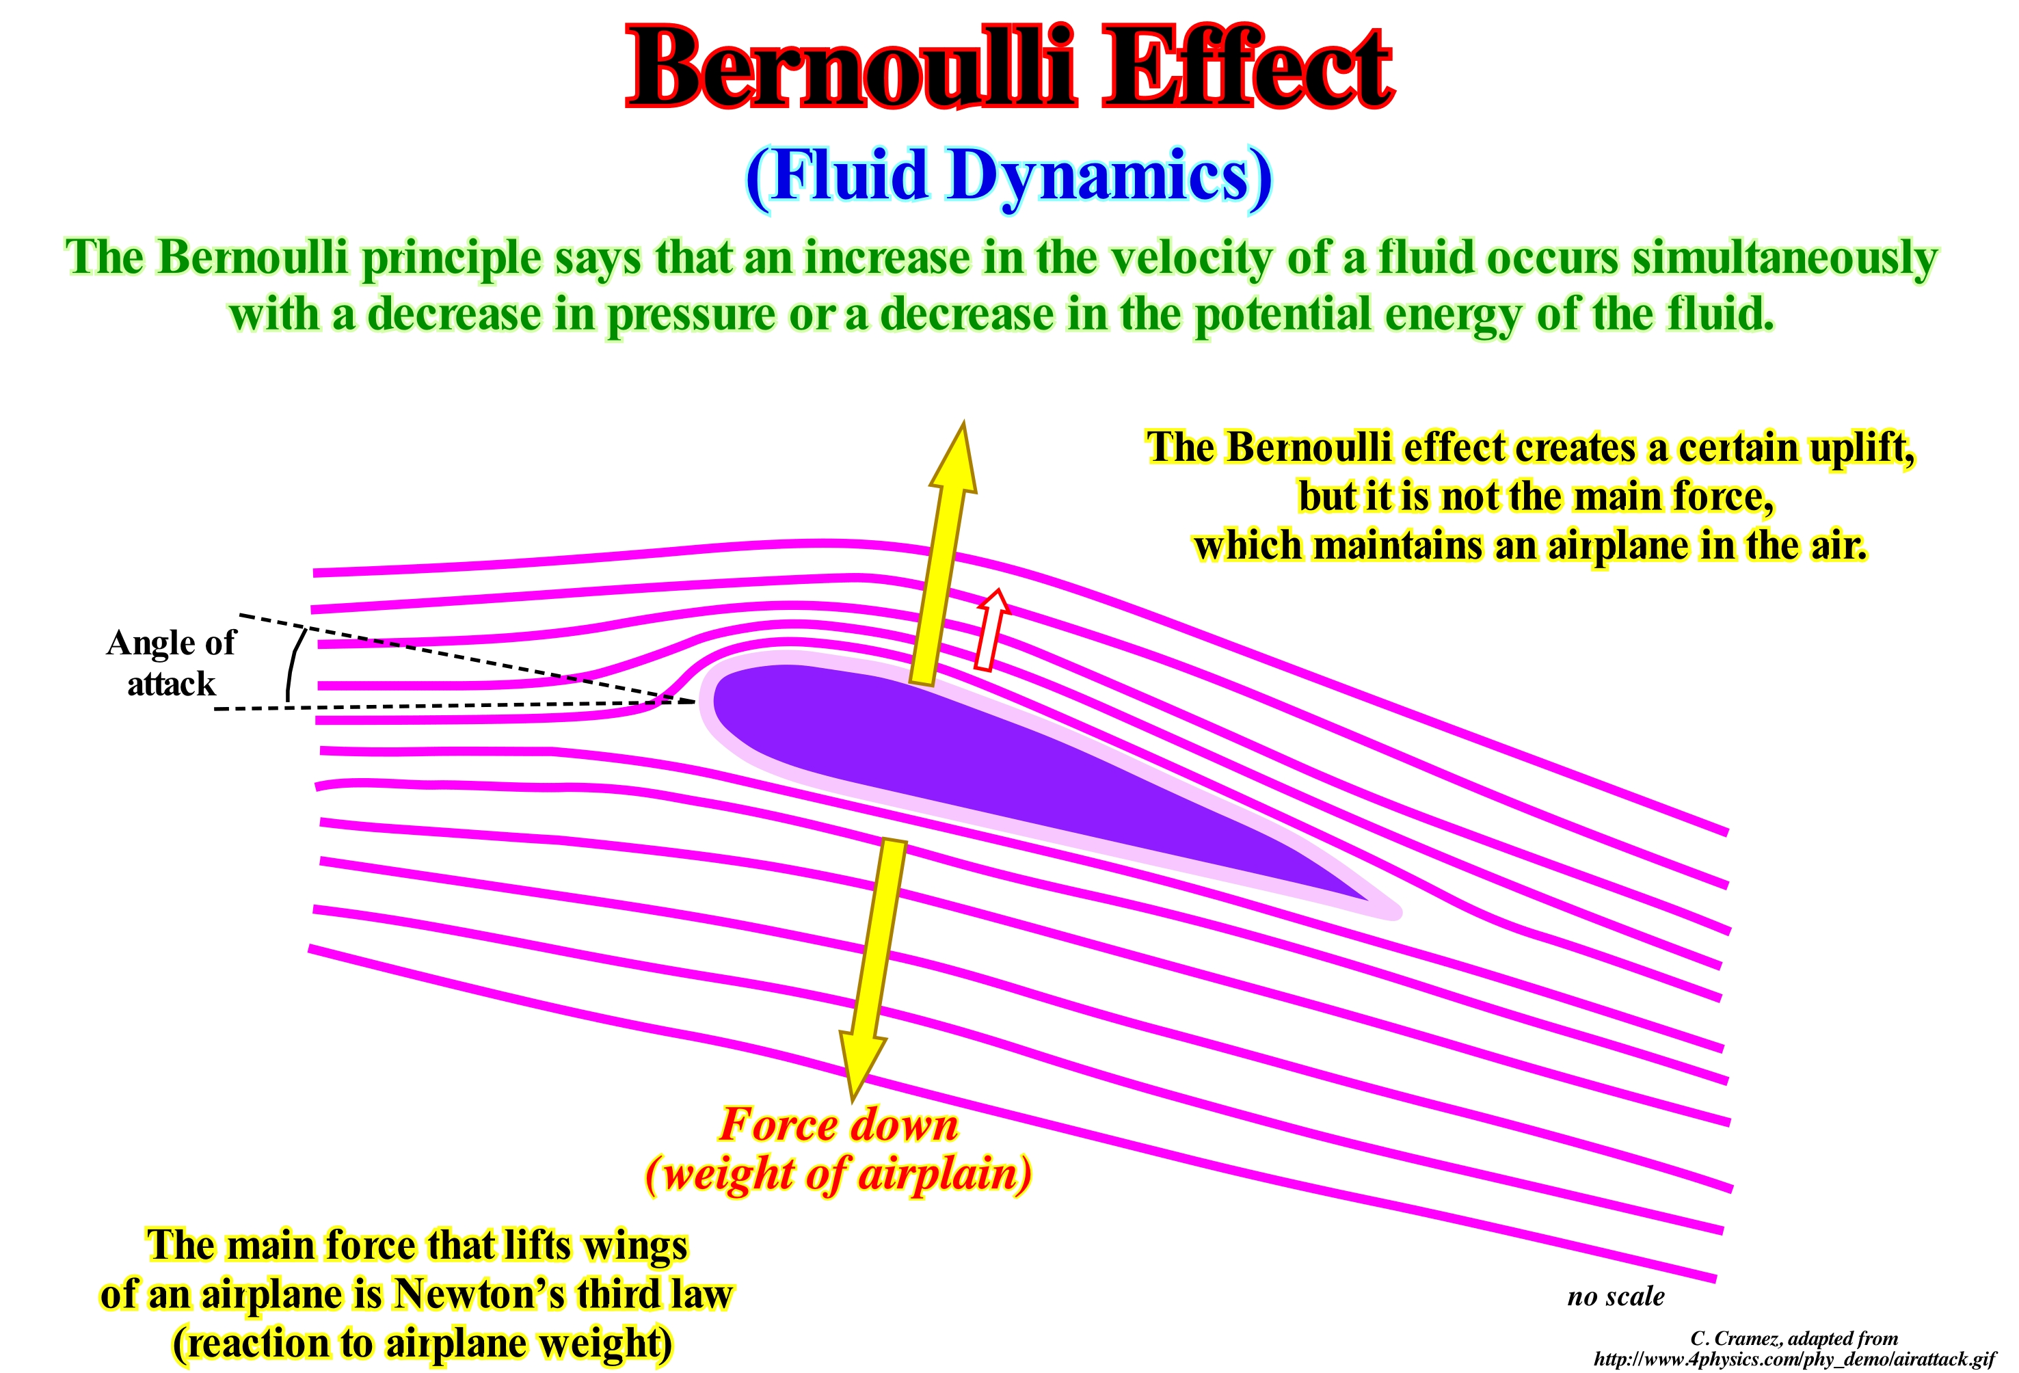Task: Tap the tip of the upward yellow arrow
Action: coord(963,423)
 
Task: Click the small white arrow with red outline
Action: coord(991,630)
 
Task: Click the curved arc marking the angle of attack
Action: coord(293,665)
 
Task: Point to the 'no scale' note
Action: coord(1616,1296)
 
